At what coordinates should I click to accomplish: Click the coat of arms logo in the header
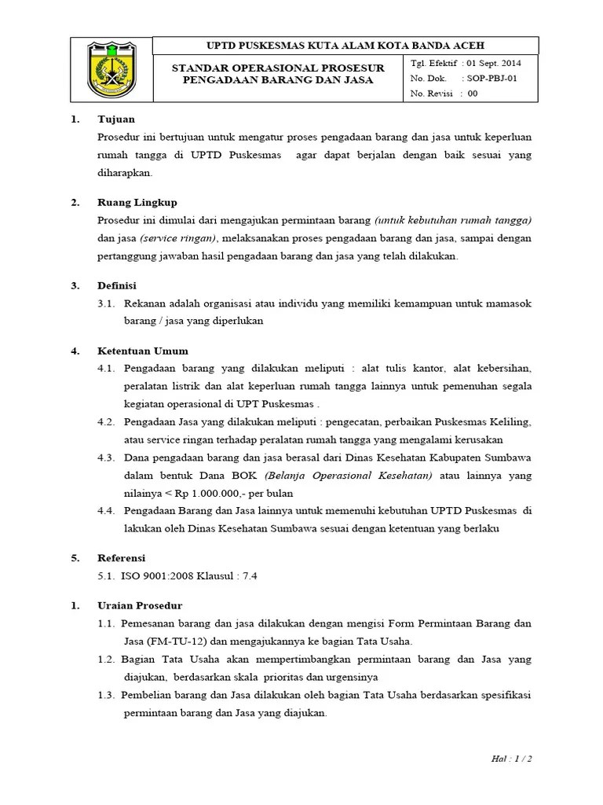point(111,70)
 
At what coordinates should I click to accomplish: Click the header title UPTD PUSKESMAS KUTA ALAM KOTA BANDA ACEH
point(345,46)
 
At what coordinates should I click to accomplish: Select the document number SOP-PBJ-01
point(492,79)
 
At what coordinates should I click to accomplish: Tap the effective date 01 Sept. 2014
point(492,63)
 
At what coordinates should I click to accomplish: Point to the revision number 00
point(473,94)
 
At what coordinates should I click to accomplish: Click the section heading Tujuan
point(116,119)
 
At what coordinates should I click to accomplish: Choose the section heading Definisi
point(118,285)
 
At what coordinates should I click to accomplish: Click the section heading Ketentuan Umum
point(143,351)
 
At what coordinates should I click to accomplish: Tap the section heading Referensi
point(122,557)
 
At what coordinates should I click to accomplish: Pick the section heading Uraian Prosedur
point(140,605)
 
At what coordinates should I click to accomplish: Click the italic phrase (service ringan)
point(179,238)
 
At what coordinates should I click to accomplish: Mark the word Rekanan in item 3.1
point(144,303)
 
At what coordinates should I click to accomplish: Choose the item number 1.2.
point(107,659)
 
